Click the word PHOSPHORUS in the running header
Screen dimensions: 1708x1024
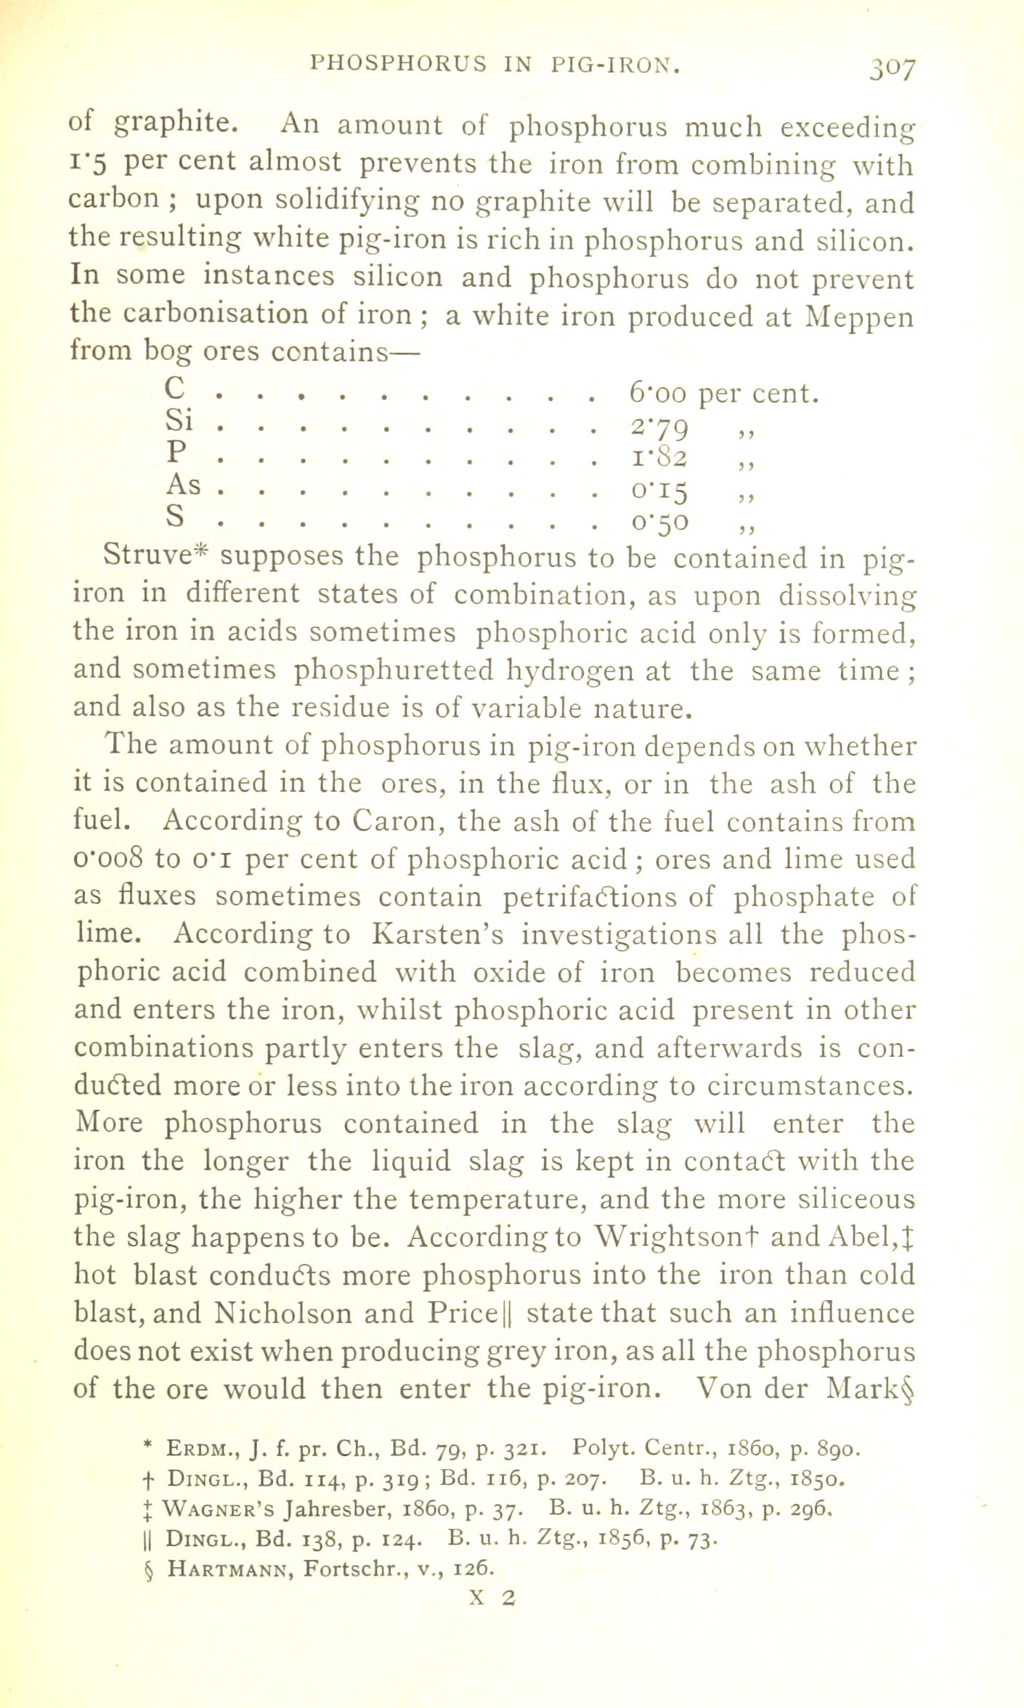398,64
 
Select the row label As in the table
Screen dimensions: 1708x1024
183,484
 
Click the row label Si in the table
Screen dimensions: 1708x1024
179,420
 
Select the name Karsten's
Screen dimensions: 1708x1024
437,934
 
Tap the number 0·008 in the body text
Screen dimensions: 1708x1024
108,859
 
